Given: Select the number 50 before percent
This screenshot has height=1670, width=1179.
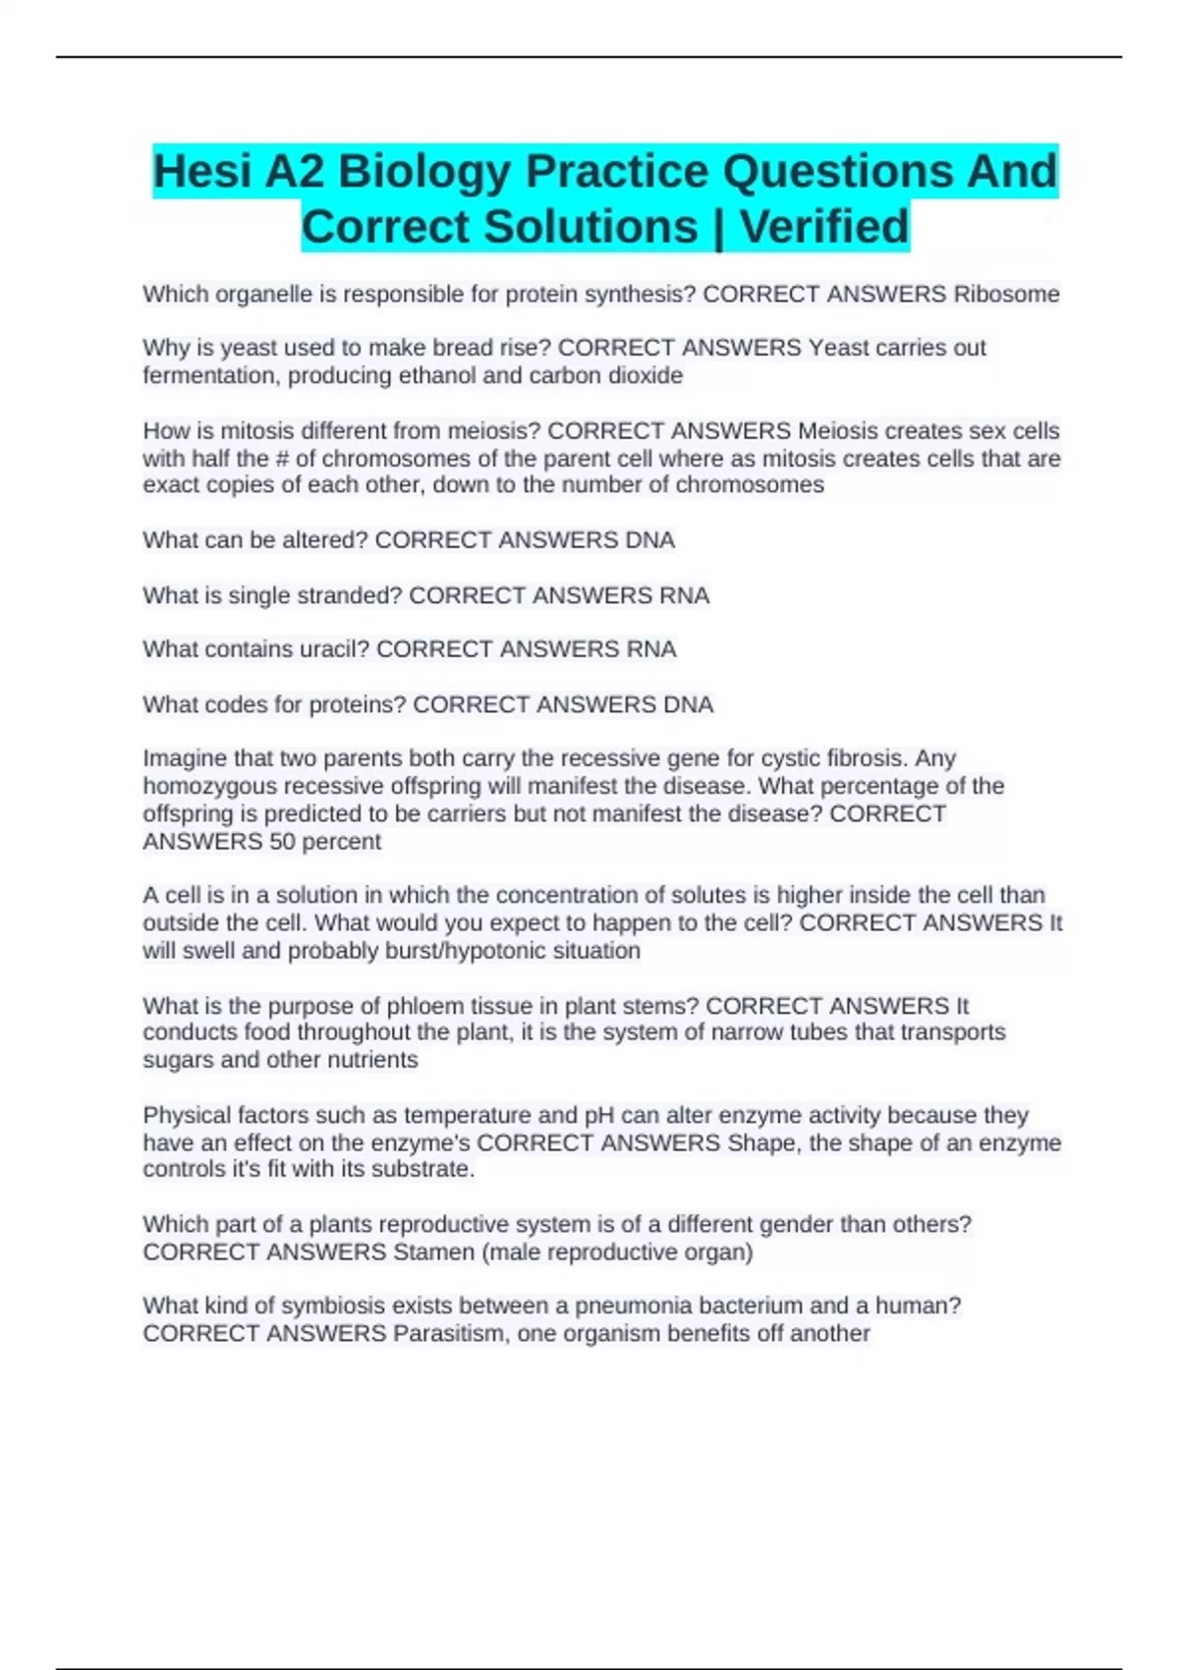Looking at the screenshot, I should click(282, 842).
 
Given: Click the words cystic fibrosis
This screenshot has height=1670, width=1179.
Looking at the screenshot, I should click(840, 758).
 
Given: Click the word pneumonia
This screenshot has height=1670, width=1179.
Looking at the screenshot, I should click(629, 1307).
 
